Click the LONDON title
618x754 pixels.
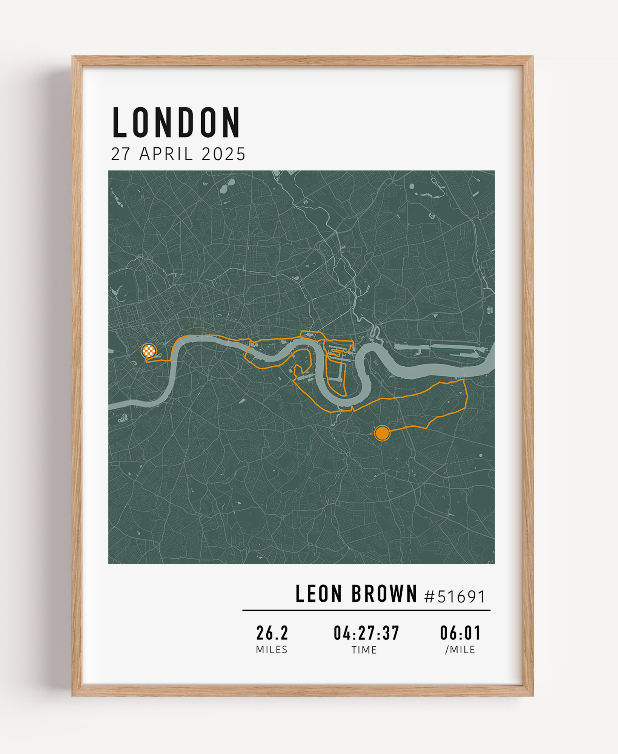pos(176,122)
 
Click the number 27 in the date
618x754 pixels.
pos(120,154)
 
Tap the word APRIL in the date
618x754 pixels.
pos(166,154)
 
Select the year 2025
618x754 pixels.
pos(223,154)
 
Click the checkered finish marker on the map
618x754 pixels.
pos(149,351)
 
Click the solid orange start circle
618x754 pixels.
pos(382,434)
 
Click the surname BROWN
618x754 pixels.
pos(384,594)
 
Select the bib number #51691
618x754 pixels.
pos(455,596)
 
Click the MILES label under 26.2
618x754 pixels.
pos(272,650)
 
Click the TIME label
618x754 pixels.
pos(364,650)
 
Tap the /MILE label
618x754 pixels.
pos(460,650)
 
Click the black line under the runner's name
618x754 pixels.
pos(366,610)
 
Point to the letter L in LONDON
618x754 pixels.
pos(120,122)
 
